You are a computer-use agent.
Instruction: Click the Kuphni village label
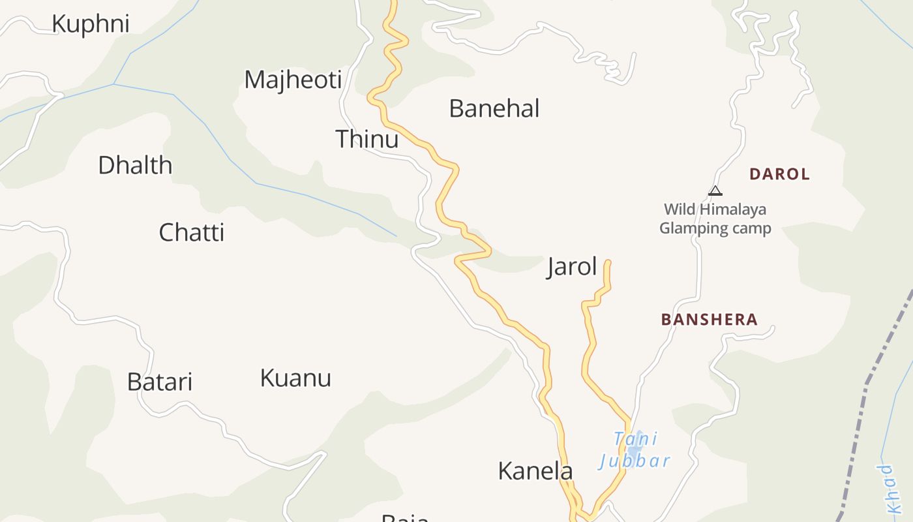[91, 24]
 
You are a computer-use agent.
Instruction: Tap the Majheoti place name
[293, 80]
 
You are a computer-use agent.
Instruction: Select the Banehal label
[494, 108]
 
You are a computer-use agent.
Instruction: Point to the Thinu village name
[367, 139]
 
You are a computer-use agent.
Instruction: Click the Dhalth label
[135, 166]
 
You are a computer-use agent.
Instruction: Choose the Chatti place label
[192, 232]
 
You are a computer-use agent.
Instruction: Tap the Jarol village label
[572, 267]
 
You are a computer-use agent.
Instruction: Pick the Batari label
[160, 382]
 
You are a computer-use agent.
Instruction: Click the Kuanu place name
[295, 378]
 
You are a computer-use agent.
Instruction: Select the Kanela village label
[535, 471]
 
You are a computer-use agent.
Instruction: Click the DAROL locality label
[779, 174]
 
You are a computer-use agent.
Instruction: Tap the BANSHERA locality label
[710, 320]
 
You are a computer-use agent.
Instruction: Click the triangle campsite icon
[715, 191]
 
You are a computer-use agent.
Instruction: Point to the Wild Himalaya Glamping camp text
[715, 219]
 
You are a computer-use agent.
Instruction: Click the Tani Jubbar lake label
[634, 450]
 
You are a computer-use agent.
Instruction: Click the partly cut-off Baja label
[406, 518]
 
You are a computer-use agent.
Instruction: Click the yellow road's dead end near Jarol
[608, 262]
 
